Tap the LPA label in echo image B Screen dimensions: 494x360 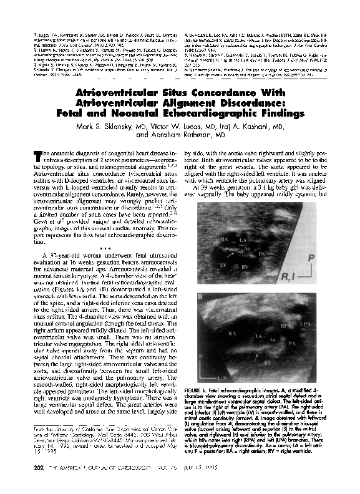pyautogui.click(x=323, y=324)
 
